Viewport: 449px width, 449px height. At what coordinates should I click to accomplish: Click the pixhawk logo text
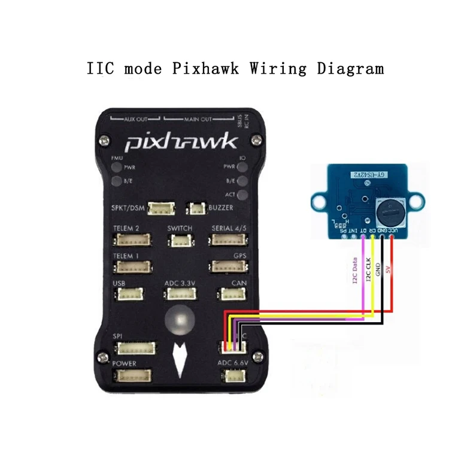click(181, 143)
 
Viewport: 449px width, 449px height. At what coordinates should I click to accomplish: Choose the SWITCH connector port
click(180, 240)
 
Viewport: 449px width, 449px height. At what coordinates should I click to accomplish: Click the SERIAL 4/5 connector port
click(227, 239)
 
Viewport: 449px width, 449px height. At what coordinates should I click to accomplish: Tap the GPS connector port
click(227, 266)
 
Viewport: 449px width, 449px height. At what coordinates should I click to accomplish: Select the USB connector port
click(128, 294)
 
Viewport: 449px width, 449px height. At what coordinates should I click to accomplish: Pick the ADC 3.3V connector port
click(181, 294)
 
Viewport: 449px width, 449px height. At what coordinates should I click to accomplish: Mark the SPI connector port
click(136, 348)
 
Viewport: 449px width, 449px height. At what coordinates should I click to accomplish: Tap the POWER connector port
click(134, 375)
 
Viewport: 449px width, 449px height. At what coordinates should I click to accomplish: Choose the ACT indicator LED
click(242, 195)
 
